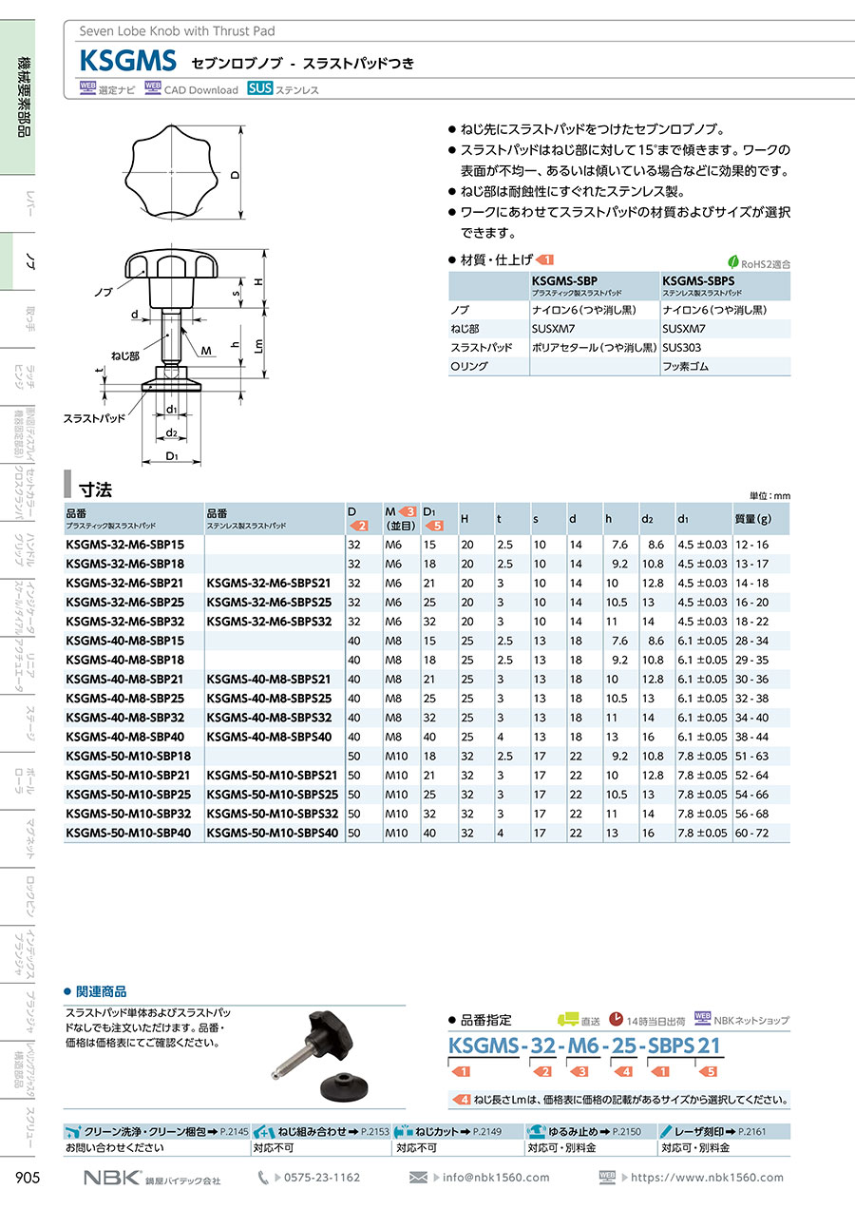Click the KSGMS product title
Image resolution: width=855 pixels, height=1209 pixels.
click(x=128, y=63)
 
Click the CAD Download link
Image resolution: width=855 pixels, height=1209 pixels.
click(x=200, y=90)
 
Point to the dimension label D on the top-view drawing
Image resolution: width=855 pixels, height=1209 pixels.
click(x=234, y=175)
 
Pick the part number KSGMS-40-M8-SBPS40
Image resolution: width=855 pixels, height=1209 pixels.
click(x=269, y=737)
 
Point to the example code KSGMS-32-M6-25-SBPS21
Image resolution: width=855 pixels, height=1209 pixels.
click(x=583, y=1046)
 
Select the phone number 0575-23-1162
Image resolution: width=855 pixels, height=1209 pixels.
click(x=322, y=1178)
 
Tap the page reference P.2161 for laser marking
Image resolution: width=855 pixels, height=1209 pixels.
click(x=750, y=1132)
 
